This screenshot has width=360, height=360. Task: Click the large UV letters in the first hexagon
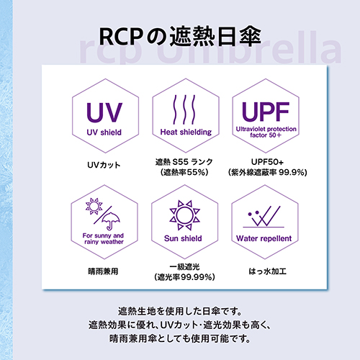104,112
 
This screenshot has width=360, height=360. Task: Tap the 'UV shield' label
104,132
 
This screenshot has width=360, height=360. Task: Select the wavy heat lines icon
184,109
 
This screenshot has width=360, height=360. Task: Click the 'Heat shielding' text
186,132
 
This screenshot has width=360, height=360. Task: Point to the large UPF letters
266,112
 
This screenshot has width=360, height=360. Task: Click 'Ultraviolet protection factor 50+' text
266,132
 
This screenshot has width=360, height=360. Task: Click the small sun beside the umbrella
94,206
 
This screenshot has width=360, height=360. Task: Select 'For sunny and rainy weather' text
104,238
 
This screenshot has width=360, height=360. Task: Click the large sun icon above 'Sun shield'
184,215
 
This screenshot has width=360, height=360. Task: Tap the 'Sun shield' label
183,238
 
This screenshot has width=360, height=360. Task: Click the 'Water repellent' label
264,238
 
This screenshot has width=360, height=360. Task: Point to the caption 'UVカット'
104,165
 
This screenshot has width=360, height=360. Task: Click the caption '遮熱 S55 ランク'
184,162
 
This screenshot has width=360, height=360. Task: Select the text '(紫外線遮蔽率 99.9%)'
268,172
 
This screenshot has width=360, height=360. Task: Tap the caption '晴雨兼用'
103,271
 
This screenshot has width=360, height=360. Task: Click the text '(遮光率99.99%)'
184,277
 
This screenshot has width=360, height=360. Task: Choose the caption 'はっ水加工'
268,271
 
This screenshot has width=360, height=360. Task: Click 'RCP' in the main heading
121,37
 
